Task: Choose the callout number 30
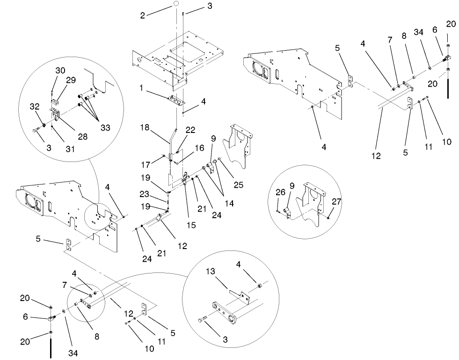[x=60, y=70]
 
